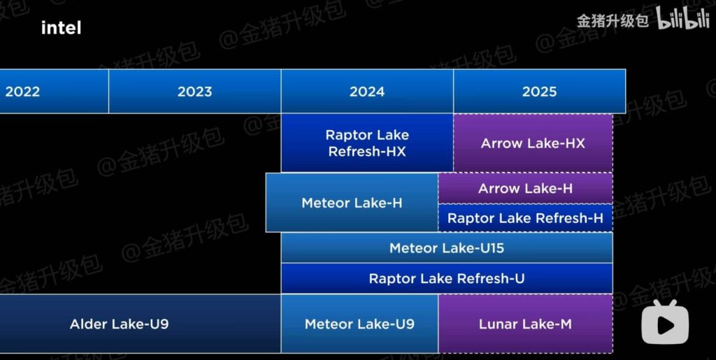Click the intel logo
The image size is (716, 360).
coord(61,28)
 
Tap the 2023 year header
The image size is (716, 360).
coord(194,92)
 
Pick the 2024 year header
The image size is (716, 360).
coord(367,92)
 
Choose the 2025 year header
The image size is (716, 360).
coord(539,92)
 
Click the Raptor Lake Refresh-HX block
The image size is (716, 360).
coord(367,143)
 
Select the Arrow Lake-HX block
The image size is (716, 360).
coord(533,143)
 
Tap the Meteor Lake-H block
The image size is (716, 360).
coord(352,203)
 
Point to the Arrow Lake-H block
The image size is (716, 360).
coord(525,188)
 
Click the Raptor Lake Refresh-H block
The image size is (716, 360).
coord(525,218)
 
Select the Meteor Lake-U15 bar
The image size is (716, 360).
coord(446,248)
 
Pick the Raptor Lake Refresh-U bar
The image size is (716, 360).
coord(446,278)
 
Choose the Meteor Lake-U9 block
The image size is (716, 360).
coord(359,324)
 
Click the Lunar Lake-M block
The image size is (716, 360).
coord(525,324)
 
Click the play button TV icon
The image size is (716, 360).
coord(665,322)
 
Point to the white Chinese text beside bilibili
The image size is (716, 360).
coord(613,21)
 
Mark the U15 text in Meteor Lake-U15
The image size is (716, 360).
coord(488,248)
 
